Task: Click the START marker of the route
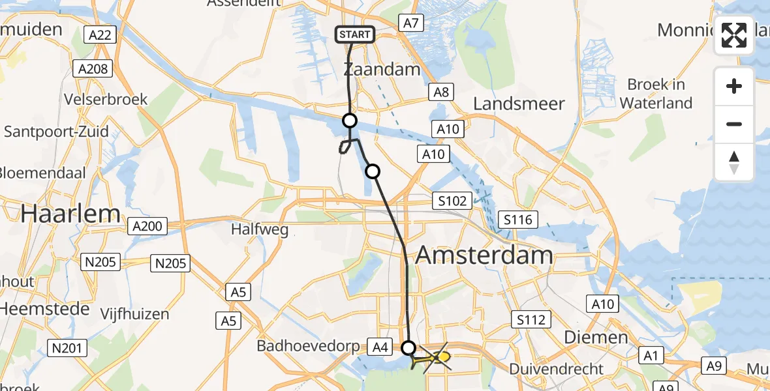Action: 356,35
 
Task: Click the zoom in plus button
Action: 734,86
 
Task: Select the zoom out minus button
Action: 734,124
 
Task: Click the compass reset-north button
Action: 734,162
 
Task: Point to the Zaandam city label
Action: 382,70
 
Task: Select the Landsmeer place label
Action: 519,104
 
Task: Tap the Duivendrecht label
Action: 557,369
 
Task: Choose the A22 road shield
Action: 100,35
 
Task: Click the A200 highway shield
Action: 147,226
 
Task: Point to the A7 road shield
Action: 410,23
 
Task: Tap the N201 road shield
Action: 68,348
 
